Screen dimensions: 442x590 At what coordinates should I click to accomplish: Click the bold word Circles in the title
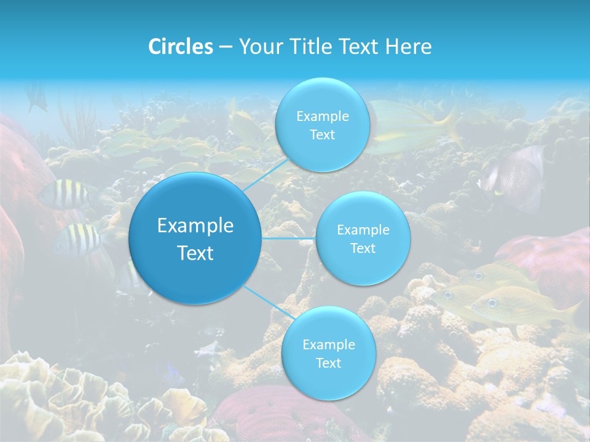[180, 47]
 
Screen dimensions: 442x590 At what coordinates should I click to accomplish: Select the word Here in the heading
[409, 47]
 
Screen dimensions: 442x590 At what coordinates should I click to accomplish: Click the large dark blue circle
[195, 239]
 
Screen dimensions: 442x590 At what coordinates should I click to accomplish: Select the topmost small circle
[322, 125]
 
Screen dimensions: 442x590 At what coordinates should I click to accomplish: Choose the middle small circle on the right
[363, 238]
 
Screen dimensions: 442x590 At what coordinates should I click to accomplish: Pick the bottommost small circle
[328, 353]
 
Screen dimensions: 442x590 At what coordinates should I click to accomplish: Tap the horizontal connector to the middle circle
[289, 238]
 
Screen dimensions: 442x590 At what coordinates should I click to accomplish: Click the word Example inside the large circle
[195, 226]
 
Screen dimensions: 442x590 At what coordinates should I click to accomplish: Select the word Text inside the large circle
[195, 253]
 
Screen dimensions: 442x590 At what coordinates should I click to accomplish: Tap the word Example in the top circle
[322, 116]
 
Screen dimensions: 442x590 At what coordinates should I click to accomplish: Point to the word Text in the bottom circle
[328, 363]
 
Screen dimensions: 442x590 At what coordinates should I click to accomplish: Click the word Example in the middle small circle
[363, 230]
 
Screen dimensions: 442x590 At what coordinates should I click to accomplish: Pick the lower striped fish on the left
[79, 239]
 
